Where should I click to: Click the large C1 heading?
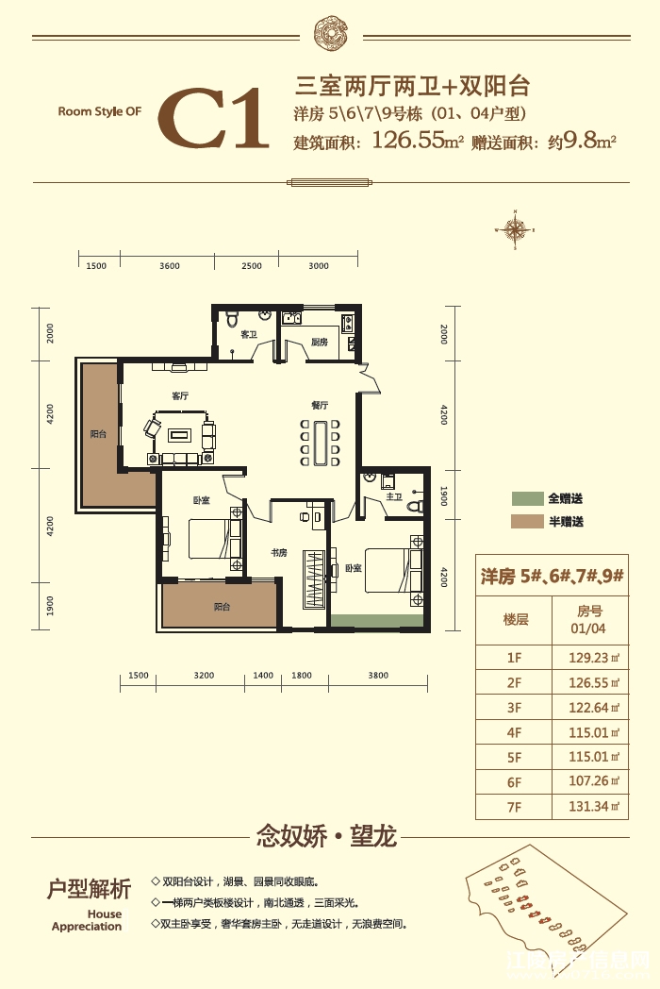tap(213, 120)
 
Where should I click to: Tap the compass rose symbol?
tap(516, 227)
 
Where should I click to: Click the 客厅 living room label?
tap(181, 395)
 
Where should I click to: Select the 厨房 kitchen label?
tap(319, 343)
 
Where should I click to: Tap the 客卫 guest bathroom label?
tap(249, 335)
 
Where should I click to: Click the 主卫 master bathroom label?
tap(394, 496)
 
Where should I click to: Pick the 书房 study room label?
tap(278, 553)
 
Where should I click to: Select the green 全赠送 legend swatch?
tap(528, 498)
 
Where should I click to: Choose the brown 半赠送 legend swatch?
tap(528, 522)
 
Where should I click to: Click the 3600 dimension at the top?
tap(170, 266)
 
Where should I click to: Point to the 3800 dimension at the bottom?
tap(378, 676)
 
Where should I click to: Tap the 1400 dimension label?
tap(263, 676)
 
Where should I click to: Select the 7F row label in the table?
tap(514, 807)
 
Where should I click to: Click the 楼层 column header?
tap(515, 619)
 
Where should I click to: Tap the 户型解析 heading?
tap(89, 889)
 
